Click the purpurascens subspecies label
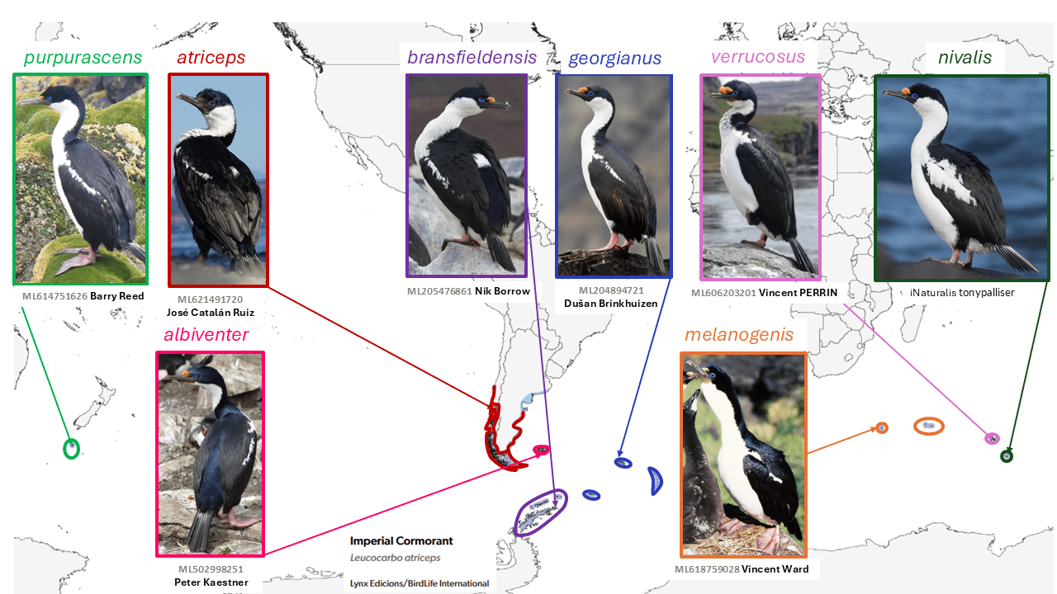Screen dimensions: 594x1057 click(x=83, y=58)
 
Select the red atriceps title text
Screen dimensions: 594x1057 click(x=211, y=58)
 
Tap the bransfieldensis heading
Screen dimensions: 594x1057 click(x=472, y=58)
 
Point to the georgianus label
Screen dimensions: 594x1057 click(x=614, y=59)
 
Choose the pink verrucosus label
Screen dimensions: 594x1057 click(x=758, y=57)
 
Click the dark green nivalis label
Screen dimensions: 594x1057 click(x=965, y=58)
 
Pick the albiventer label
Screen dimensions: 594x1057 click(x=206, y=334)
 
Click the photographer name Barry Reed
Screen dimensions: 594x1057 click(x=117, y=296)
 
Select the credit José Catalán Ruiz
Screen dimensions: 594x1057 click(x=211, y=313)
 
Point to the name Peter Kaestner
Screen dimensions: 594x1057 click(x=211, y=582)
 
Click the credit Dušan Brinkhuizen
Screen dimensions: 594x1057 click(x=611, y=304)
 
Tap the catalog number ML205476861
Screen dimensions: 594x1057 click(x=439, y=291)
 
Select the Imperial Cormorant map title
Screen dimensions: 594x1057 click(x=401, y=541)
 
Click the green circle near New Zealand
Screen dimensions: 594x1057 click(x=72, y=449)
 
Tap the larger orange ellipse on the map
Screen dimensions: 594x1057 click(x=929, y=426)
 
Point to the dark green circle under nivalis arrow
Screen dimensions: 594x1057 click(x=1006, y=456)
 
